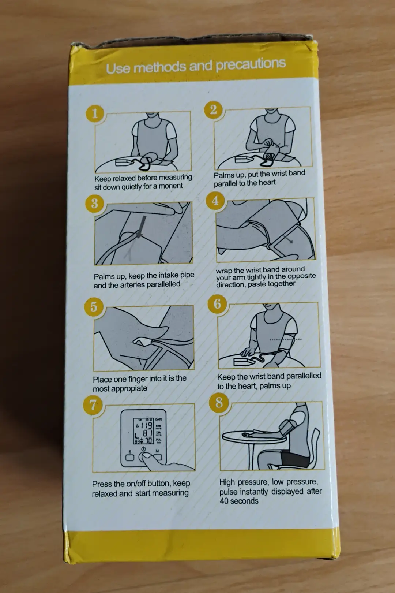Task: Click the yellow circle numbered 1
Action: pyautogui.click(x=95, y=113)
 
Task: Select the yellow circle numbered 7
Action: pyautogui.click(x=92, y=405)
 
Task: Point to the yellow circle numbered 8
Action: pyautogui.click(x=219, y=402)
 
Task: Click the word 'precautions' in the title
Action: pyautogui.click(x=251, y=64)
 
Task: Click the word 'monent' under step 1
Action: pyautogui.click(x=172, y=186)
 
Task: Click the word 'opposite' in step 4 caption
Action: pyautogui.click(x=302, y=276)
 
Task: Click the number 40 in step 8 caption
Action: pyautogui.click(x=224, y=501)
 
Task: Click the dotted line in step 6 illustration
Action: pyautogui.click(x=286, y=339)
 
